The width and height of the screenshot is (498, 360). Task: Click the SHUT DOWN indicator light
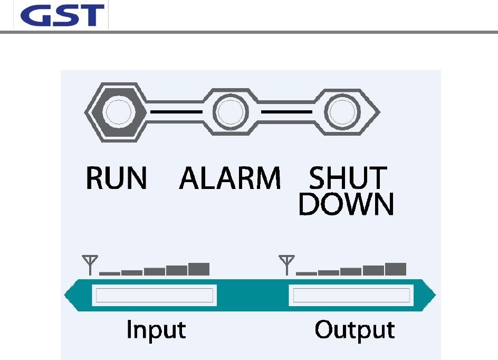coord(341,112)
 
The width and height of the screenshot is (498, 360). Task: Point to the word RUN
coord(116,179)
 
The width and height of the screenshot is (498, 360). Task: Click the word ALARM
coord(230,179)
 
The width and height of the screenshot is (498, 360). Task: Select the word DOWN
coord(346,204)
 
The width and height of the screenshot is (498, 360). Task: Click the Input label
coord(156,330)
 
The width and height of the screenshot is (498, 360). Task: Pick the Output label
coord(355,330)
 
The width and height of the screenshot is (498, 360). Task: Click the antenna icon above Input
coord(90,264)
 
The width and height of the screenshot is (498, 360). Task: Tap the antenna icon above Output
coord(286,264)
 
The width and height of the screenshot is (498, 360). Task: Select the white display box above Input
coord(154,296)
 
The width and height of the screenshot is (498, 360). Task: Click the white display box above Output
coord(351,296)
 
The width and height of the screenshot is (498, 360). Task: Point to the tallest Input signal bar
coord(199,269)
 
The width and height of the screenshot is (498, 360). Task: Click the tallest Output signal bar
coord(396,269)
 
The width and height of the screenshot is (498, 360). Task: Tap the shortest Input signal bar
coord(110,273)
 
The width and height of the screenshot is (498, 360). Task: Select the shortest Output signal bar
coord(307,273)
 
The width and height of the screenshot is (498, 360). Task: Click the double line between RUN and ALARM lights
coord(176,112)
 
